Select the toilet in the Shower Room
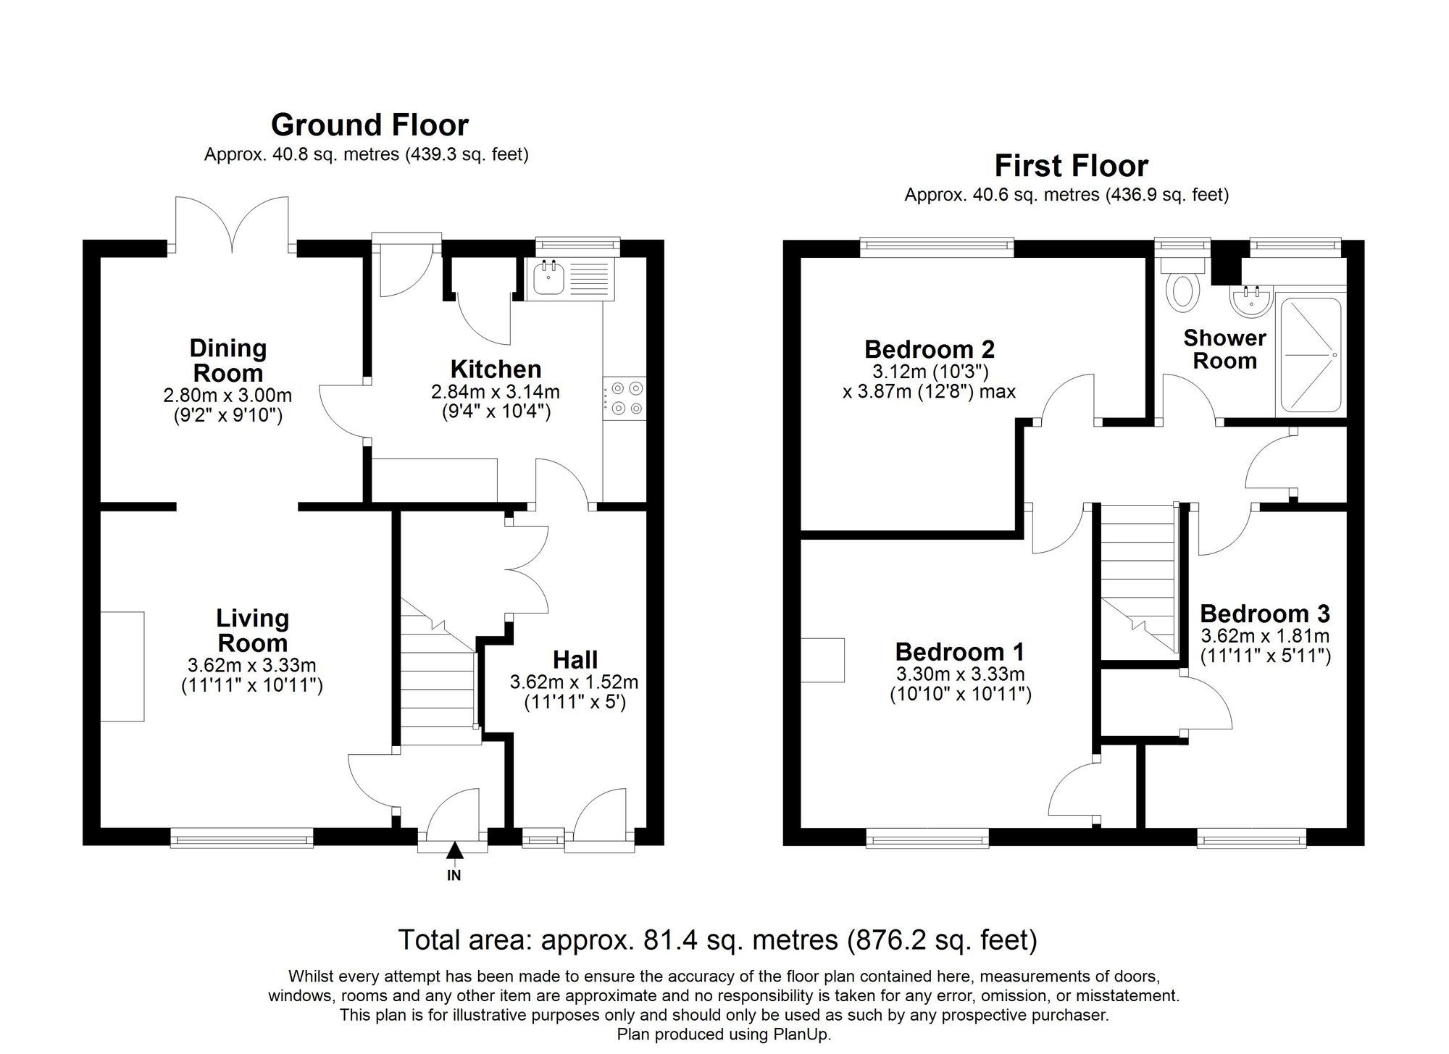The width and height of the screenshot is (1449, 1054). (x=1183, y=292)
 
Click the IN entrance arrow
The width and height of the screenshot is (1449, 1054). (x=454, y=852)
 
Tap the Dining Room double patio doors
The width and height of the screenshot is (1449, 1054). (x=232, y=225)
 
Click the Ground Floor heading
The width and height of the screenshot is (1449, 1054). (x=369, y=125)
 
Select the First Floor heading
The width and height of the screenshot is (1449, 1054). (x=1071, y=166)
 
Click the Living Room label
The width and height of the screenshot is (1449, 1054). (x=252, y=630)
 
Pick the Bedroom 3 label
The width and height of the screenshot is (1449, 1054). (x=1264, y=614)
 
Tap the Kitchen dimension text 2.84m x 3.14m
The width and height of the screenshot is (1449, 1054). (x=496, y=392)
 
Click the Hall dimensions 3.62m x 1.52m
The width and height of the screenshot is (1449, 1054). (x=574, y=682)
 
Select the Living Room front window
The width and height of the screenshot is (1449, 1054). (x=242, y=839)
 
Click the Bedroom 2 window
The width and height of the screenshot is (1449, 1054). (x=937, y=248)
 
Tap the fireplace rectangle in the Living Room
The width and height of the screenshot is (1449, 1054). (x=122, y=666)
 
